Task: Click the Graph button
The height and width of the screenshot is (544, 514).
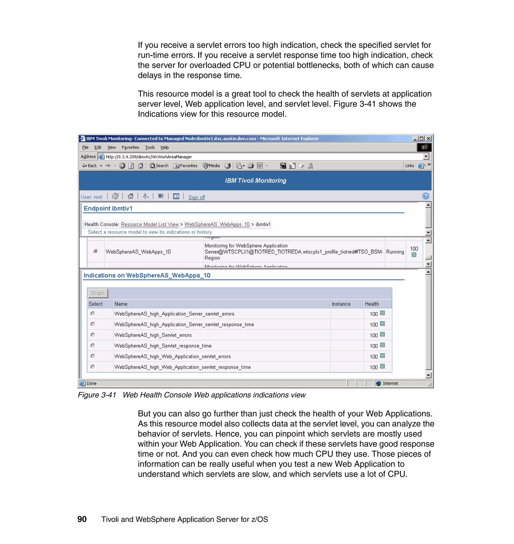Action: pyautogui.click(x=98, y=293)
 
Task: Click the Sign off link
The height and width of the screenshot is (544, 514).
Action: pyautogui.click(x=197, y=197)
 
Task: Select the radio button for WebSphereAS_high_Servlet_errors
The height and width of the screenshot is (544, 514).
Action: pyautogui.click(x=93, y=335)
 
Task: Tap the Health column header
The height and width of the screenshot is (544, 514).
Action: pyautogui.click(x=371, y=304)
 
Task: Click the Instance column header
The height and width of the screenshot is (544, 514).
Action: pyautogui.click(x=341, y=304)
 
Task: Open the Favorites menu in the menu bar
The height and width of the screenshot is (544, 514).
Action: pyautogui.click(x=130, y=147)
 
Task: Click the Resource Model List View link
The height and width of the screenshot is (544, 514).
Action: pyautogui.click(x=150, y=224)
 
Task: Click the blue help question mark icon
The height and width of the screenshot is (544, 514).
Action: pyautogui.click(x=425, y=196)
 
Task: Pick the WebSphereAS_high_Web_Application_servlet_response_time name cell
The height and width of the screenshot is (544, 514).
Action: pyautogui.click(x=182, y=367)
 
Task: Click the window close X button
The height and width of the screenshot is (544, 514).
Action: pyautogui.click(x=428, y=139)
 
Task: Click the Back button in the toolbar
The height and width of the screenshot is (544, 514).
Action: pyautogui.click(x=90, y=166)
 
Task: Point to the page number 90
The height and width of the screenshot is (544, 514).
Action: pyautogui.click(x=82, y=519)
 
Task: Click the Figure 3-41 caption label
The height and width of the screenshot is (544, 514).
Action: pyautogui.click(x=97, y=395)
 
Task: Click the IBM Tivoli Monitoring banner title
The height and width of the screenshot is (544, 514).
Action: pyautogui.click(x=255, y=180)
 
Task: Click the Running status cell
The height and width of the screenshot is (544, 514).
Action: pyautogui.click(x=395, y=252)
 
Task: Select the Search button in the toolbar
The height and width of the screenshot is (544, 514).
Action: pyautogui.click(x=159, y=166)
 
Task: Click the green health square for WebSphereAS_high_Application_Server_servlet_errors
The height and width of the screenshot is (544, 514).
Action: pyautogui.click(x=382, y=313)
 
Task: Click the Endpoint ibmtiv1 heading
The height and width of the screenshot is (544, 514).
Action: pyautogui.click(x=108, y=209)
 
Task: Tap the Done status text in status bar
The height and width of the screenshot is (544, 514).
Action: pyautogui.click(x=92, y=383)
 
